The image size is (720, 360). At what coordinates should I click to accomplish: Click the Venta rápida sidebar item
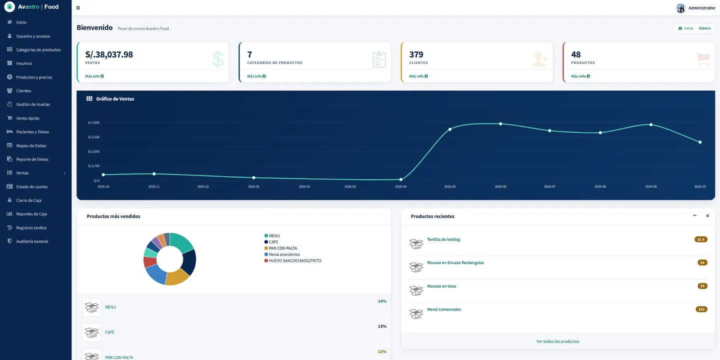coord(27,118)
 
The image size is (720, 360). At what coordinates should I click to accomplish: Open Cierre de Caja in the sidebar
coord(28,200)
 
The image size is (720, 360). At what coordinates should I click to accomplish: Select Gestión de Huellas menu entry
coord(33,104)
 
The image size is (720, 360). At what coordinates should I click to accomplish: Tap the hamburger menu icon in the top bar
coord(78,7)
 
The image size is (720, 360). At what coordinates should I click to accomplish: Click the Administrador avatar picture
coord(680,8)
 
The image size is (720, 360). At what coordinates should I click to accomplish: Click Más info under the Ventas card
coord(94,76)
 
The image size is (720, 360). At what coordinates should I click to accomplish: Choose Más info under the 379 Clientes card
coord(418,76)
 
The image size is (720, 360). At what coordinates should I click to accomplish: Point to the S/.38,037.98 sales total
coord(109,54)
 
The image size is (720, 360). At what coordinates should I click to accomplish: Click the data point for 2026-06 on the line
coord(500,124)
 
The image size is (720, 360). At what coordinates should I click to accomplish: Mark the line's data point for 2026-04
coord(401,179)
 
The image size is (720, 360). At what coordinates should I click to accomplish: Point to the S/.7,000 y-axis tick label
coord(93,122)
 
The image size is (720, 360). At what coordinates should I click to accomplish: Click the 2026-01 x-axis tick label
coord(253,186)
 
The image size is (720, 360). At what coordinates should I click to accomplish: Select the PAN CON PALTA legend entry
coord(280,248)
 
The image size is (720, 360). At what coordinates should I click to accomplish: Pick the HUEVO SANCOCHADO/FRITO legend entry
coord(292,260)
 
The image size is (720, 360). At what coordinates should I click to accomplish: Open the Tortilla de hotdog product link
coord(443,239)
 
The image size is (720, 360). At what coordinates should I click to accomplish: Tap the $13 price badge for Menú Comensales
coord(701,309)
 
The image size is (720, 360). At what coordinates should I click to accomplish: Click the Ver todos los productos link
coord(557,341)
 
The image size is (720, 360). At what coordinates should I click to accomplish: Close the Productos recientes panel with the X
coord(707,215)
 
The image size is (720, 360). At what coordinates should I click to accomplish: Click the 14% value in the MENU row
coord(382,301)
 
